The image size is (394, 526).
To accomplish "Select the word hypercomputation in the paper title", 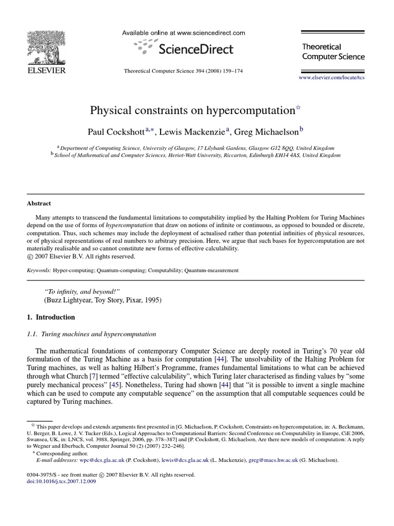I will coord(252,110).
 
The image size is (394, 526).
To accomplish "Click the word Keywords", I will coord(38,270).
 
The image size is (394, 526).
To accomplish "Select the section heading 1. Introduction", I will coord(51,317).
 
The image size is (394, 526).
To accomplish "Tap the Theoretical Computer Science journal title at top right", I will coord(333,51).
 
